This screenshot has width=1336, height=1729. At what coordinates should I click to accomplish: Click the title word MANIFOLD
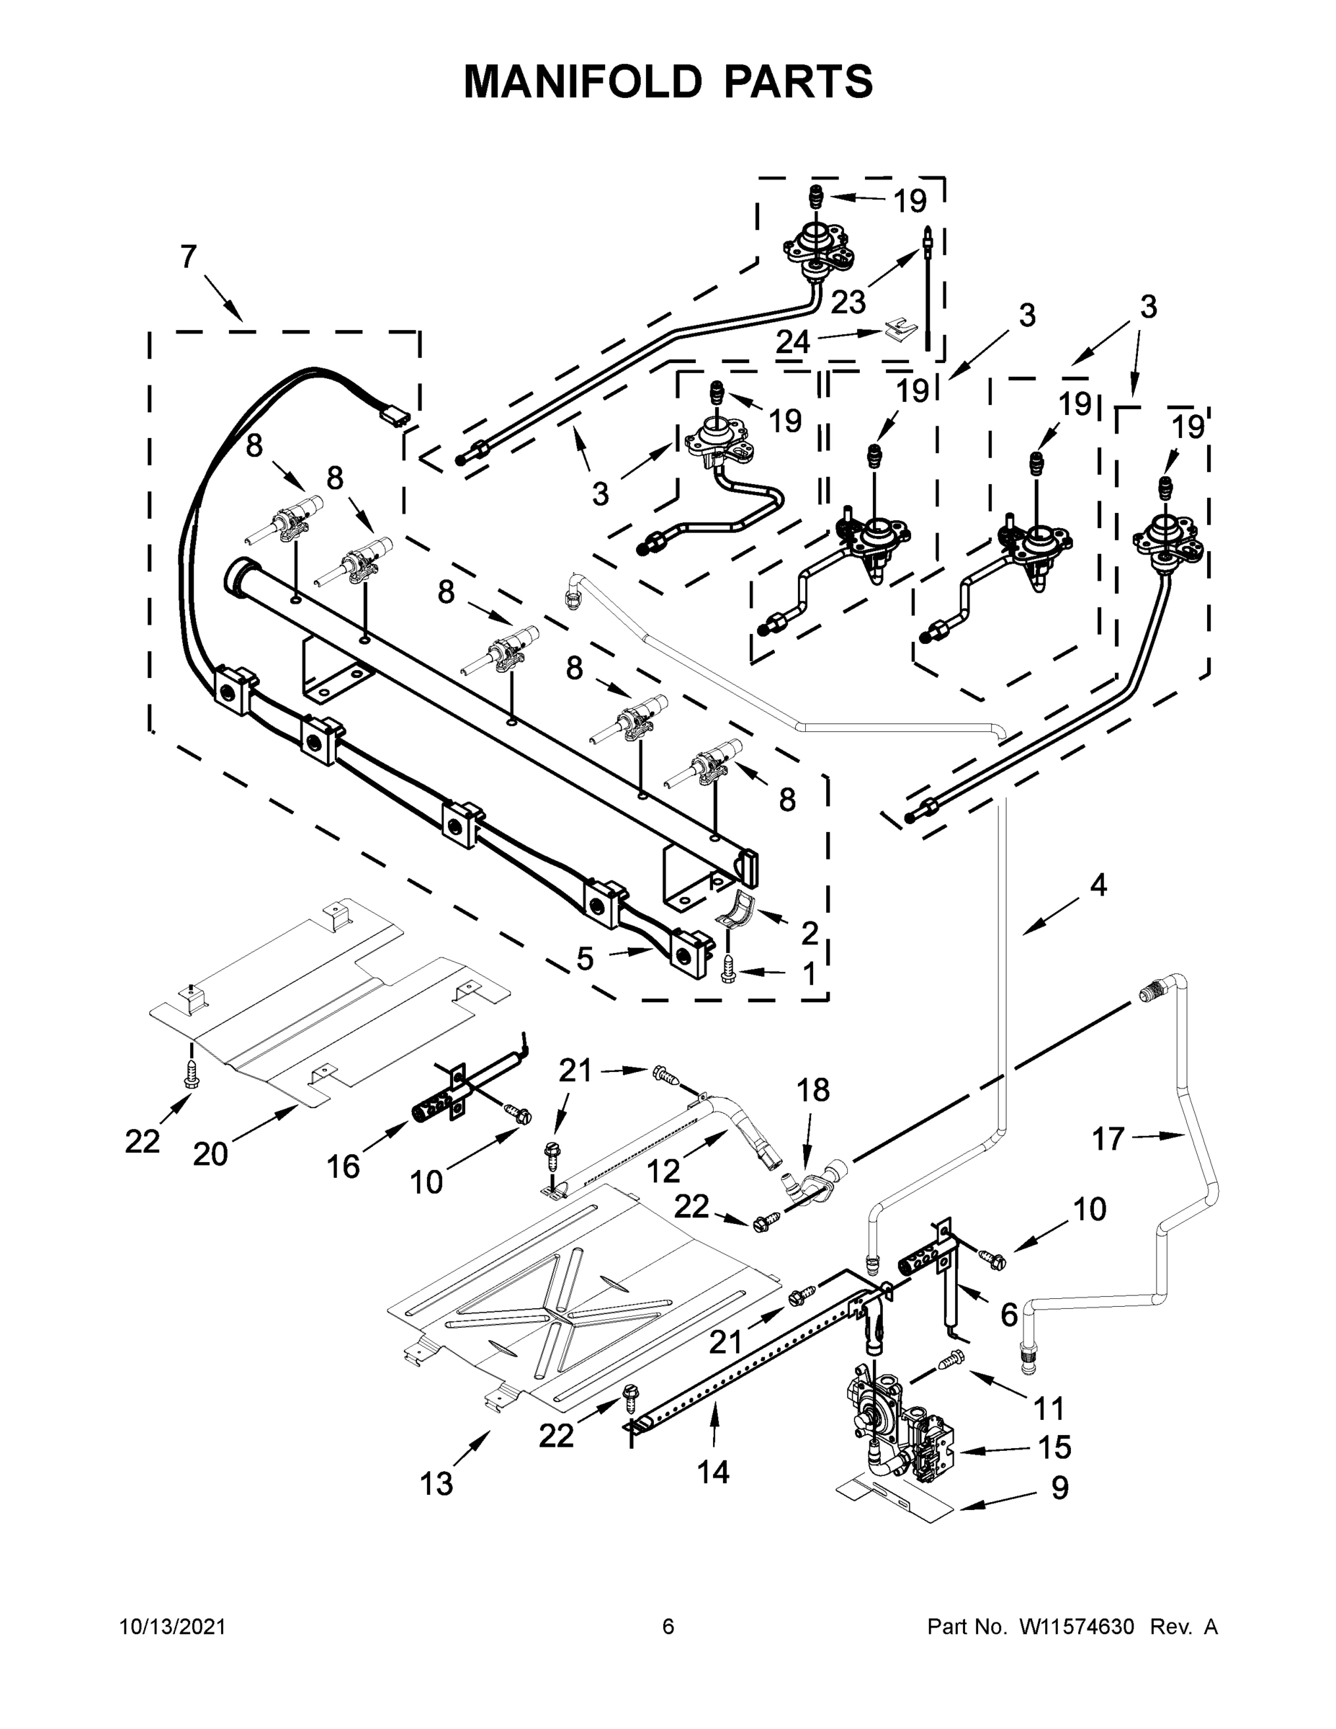coord(582,81)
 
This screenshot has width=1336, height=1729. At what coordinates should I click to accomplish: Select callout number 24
coord(792,342)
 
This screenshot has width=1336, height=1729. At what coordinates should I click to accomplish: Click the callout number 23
coord(848,302)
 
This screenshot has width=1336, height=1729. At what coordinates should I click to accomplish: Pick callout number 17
coord(1107,1139)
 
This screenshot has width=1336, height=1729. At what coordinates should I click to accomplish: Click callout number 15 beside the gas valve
coord(1054,1447)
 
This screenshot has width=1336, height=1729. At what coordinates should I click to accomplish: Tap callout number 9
coord(1059,1488)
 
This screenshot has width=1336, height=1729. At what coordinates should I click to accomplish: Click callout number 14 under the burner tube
coord(712,1472)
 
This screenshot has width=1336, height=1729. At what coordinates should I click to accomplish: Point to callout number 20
coord(210,1154)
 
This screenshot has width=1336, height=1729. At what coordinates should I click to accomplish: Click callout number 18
coord(813,1090)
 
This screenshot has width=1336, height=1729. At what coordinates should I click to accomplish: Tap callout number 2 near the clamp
coord(809,934)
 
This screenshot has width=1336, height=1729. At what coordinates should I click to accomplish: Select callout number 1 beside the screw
coord(809,975)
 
